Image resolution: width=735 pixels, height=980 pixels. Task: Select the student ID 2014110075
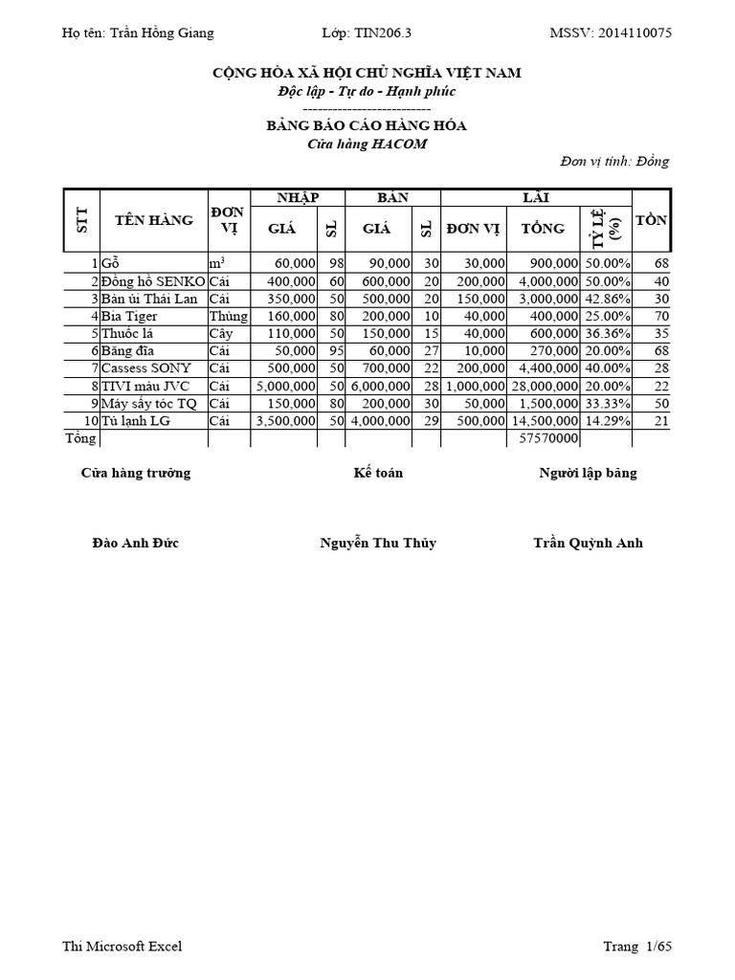pos(635,33)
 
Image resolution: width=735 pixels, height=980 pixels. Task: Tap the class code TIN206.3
pos(383,33)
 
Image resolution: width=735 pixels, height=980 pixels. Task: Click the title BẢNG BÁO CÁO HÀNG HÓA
pos(367,126)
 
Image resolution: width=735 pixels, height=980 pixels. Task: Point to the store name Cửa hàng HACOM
pos(367,144)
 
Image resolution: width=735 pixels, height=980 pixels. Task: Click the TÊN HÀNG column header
pos(153,220)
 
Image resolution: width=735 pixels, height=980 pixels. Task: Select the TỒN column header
pos(651,220)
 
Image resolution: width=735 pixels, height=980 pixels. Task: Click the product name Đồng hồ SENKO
pos(153,281)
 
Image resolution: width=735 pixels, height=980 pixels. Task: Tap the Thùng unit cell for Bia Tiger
pos(229,316)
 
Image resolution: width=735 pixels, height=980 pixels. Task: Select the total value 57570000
pos(543,438)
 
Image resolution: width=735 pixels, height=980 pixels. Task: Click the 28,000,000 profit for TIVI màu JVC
pos(543,386)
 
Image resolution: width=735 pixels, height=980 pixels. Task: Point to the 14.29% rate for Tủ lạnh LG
pos(608,421)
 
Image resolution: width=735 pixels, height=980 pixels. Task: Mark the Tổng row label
pos(80,438)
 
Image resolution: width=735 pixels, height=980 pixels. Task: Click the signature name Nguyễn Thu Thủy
pos(377,543)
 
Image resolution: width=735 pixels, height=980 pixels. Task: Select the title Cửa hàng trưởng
pos(136,473)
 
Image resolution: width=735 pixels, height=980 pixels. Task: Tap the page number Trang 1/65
pos(636,947)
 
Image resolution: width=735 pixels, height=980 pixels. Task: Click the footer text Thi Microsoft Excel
pos(122,947)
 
